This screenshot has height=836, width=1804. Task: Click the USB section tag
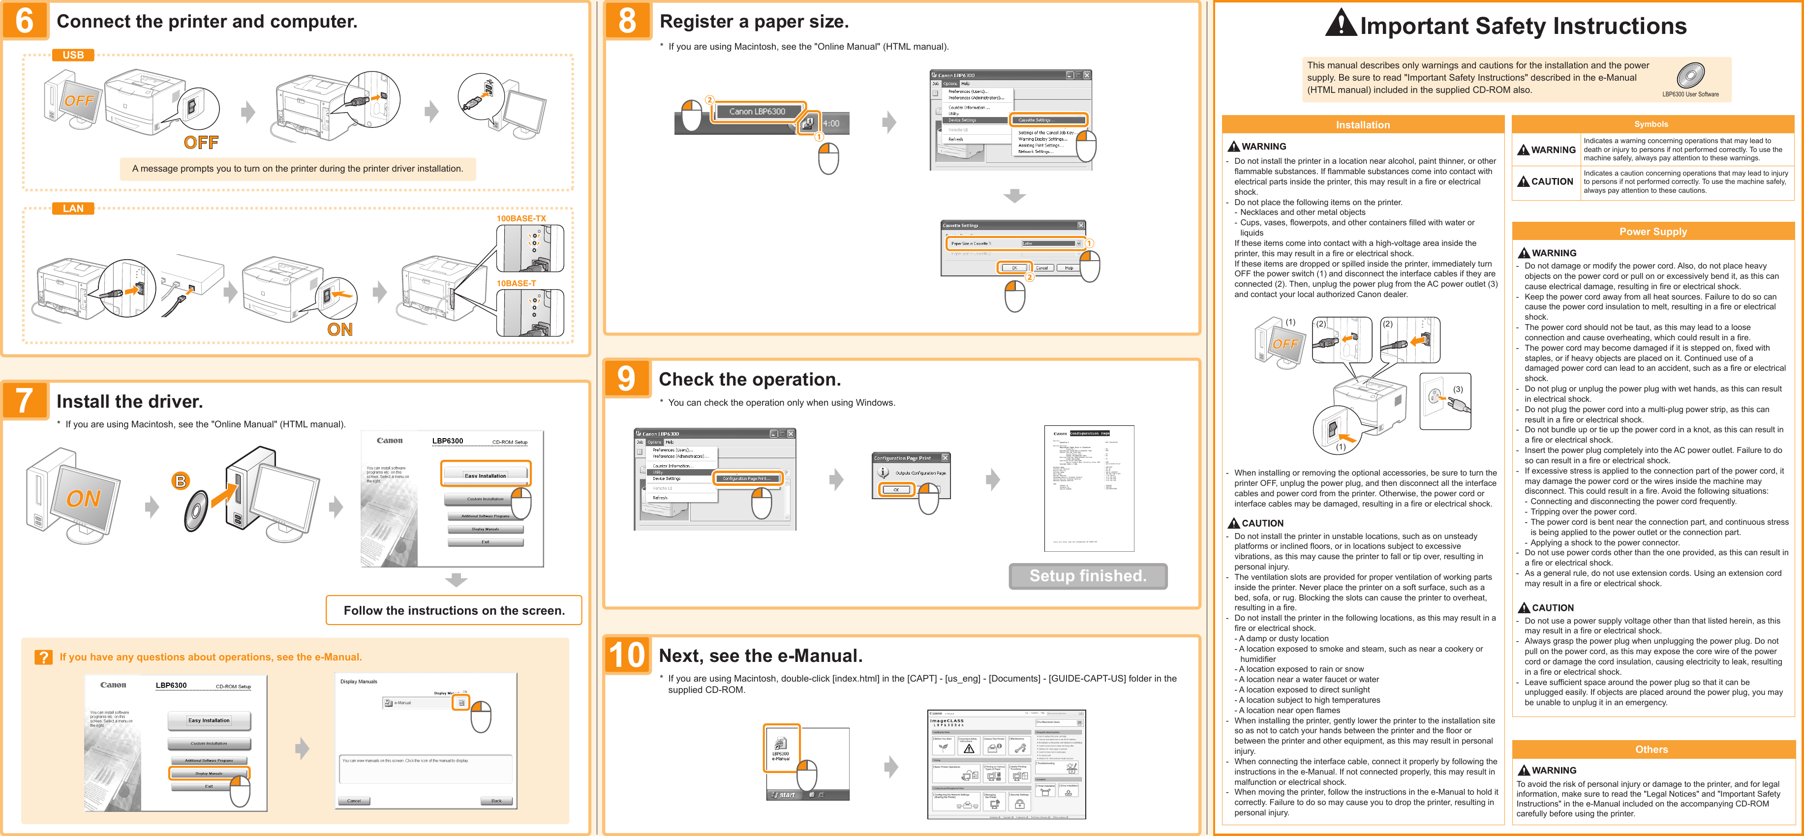pos(73,55)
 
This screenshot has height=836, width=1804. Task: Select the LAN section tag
pos(73,208)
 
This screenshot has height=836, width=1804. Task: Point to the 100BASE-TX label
pos(521,218)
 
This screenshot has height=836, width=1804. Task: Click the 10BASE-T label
pos(516,284)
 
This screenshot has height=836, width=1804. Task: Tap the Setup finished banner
pos(1088,575)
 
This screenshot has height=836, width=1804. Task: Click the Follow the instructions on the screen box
pos(454,610)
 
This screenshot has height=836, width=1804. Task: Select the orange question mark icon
pos(43,657)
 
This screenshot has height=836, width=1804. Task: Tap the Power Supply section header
pos(1653,232)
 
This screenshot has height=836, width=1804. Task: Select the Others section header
pos(1651,749)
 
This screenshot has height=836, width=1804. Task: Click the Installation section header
pos(1362,124)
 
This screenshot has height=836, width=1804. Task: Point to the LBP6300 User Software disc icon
pos(1690,75)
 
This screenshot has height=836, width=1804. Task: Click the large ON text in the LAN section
pos(339,329)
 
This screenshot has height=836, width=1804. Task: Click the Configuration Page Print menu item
pos(746,478)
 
